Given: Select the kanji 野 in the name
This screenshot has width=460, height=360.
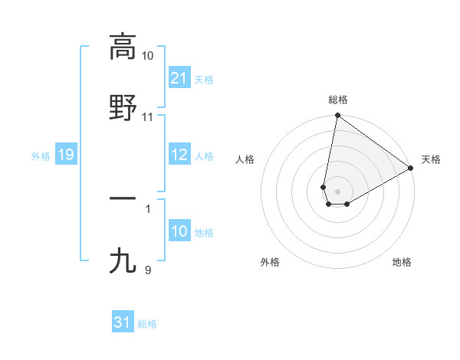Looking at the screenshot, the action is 123,108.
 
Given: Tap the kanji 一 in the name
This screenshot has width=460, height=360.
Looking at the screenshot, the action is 123,198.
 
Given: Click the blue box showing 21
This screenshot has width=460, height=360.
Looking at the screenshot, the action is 179,78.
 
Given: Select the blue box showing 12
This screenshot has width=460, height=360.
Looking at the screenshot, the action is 179,155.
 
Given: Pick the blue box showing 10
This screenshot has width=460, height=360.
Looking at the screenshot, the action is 179,231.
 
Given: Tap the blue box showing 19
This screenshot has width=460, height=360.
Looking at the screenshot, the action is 65,155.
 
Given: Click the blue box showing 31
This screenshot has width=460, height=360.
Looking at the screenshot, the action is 122,322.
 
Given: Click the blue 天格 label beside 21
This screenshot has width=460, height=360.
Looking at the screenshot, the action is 204,79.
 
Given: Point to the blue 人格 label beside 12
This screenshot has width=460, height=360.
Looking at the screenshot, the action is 204,156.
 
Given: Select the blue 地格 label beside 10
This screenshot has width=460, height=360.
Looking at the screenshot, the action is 204,232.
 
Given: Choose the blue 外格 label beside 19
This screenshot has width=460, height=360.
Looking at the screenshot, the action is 41,156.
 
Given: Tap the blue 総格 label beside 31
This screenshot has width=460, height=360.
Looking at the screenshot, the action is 147,323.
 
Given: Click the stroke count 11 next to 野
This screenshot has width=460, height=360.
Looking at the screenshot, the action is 147,117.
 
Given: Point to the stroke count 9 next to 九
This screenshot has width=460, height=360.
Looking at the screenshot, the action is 147,270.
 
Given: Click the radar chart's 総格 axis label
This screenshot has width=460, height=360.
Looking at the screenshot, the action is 338,100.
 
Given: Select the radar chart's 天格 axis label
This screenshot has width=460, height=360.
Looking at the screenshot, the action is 431,159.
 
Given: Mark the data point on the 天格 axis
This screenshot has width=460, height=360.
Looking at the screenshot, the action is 411,169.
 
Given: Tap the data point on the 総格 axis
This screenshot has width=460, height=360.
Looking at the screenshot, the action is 337,116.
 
